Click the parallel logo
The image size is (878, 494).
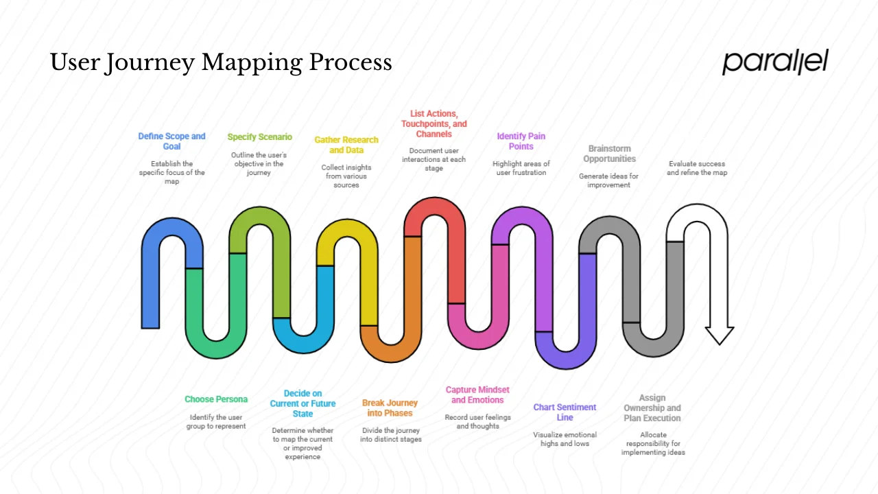[775, 62]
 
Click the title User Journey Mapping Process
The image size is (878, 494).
[221, 62]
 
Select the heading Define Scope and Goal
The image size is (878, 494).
[171, 141]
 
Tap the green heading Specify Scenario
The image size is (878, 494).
[259, 137]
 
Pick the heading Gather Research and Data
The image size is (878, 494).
[346, 145]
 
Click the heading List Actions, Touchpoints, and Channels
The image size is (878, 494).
[434, 124]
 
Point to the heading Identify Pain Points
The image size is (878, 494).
[521, 141]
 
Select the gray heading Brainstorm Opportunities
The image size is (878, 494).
[609, 154]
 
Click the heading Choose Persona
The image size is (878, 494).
[216, 399]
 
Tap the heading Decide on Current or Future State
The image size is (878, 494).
[302, 404]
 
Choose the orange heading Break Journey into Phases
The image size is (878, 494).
[390, 408]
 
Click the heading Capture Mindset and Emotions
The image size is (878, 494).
[477, 395]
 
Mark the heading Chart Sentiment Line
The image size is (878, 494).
[565, 412]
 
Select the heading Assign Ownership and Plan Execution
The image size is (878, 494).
[652, 408]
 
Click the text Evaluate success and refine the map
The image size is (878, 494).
[696, 168]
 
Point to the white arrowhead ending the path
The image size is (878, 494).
[720, 335]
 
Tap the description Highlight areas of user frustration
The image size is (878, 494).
[521, 168]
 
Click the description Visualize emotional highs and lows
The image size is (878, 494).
[565, 439]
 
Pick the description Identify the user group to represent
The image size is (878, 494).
[217, 421]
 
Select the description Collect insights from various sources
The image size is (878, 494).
[346, 176]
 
